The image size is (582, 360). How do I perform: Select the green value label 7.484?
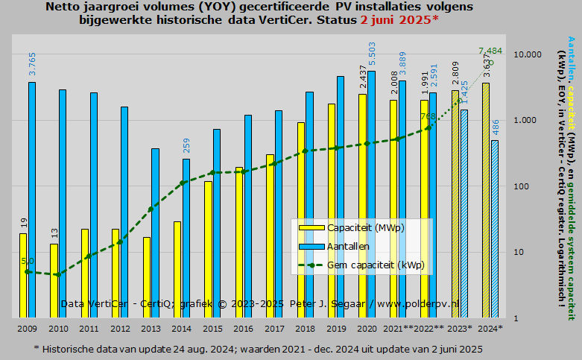pos(491,51)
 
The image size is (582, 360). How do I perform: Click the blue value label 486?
pos(496,127)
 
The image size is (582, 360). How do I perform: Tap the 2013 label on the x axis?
pos(151,328)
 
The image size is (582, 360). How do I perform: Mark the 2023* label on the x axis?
pos(460,328)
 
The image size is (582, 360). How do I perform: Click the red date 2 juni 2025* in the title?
pos(399,19)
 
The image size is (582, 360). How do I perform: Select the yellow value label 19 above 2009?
pos(24,223)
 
